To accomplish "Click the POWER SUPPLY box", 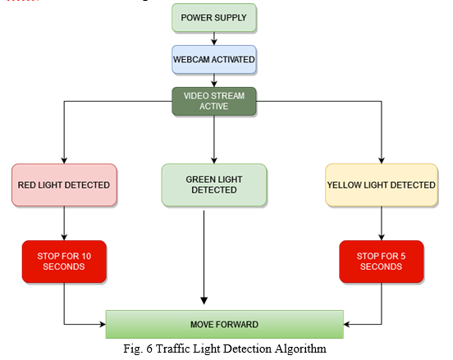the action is tap(214, 17).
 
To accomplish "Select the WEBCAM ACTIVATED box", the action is tap(214, 60).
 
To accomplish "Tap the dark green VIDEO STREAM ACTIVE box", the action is tap(214, 101).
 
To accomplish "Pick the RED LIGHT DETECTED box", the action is tap(64, 185).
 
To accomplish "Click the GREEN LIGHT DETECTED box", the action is tap(214, 185).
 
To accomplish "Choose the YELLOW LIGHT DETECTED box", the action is tap(382, 185).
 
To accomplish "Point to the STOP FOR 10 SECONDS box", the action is tap(64, 262).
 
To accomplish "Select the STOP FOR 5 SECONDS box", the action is tap(382, 262).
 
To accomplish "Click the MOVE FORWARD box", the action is tap(225, 324).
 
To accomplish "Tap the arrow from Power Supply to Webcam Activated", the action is tap(214, 39).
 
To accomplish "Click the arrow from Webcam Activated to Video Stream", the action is tap(214, 80).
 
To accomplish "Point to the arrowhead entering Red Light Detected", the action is tap(64, 161).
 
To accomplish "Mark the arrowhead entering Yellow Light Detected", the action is tap(382, 161).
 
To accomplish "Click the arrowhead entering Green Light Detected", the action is tap(214, 161).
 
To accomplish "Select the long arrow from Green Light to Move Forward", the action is tap(204, 257).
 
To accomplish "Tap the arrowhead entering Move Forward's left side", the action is tap(103, 324).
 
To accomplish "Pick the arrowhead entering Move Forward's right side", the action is tap(346, 324).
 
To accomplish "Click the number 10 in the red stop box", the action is tap(86, 256).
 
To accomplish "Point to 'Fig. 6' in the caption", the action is tap(138, 349).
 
